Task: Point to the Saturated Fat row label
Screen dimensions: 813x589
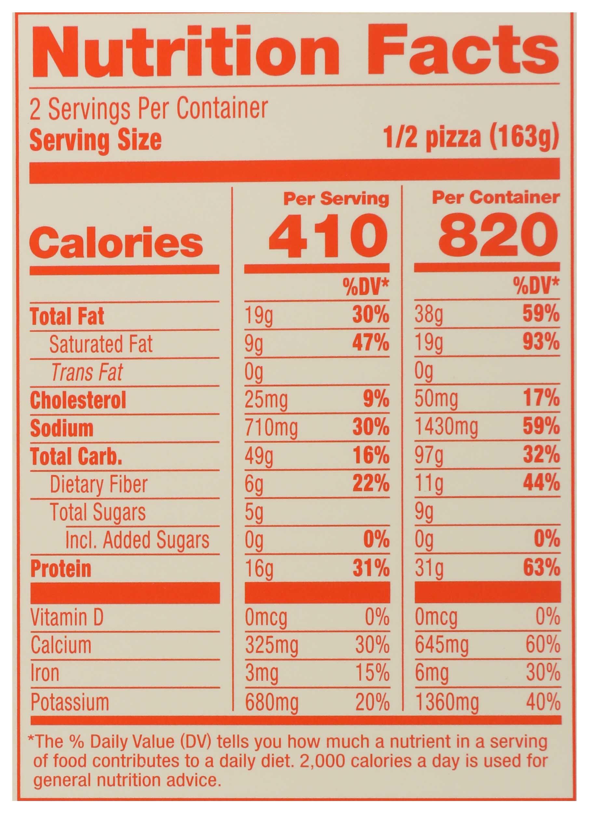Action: [x=101, y=344]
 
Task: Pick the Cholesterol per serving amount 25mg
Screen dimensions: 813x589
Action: [x=266, y=400]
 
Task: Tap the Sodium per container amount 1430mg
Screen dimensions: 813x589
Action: [x=446, y=428]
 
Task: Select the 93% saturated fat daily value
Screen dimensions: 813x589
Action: [x=541, y=343]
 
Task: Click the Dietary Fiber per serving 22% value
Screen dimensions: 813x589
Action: [x=371, y=484]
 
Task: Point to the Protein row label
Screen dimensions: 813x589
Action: [x=61, y=569]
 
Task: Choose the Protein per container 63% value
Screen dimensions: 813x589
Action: [x=541, y=568]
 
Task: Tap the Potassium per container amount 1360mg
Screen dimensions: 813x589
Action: [x=447, y=702]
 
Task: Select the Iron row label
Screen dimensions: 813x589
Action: [x=45, y=673]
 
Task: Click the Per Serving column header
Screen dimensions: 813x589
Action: [x=336, y=199]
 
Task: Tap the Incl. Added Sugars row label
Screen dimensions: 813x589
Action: [x=137, y=540]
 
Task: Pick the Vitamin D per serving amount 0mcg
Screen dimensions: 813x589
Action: [x=266, y=617]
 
